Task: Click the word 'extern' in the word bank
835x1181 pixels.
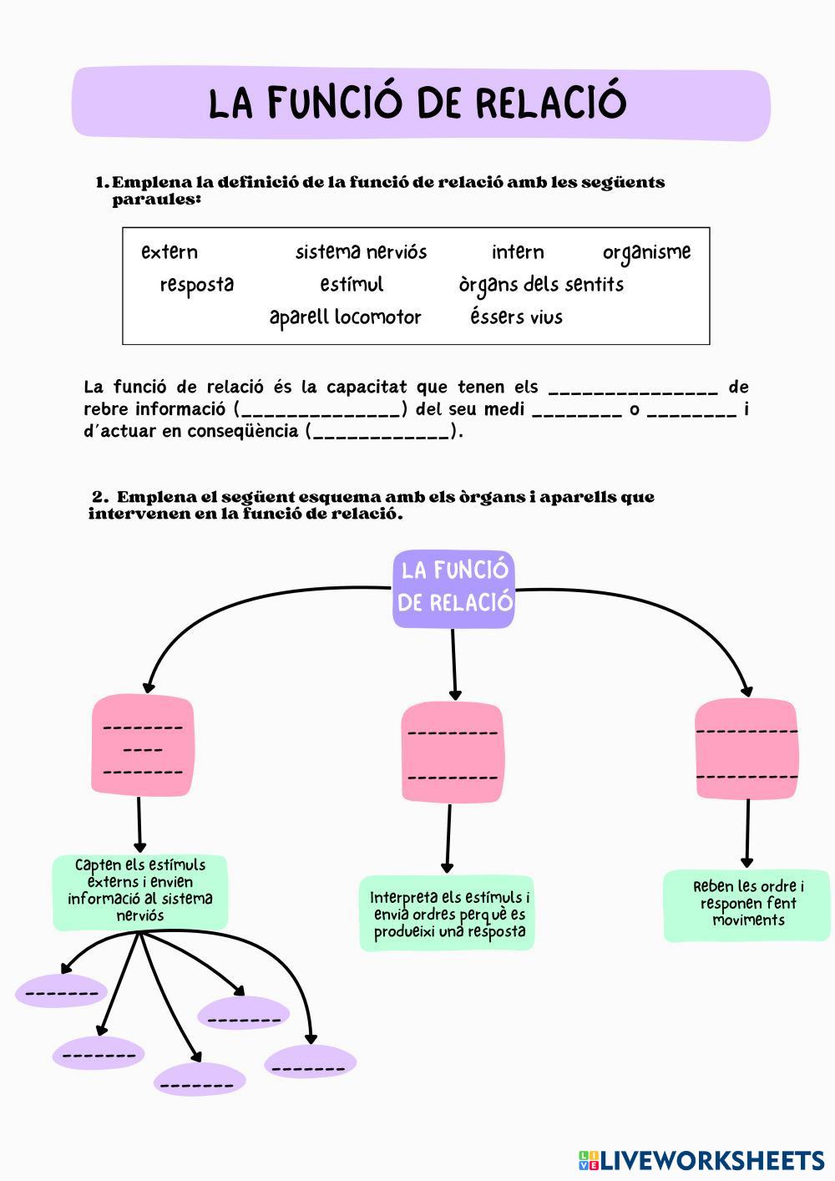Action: (x=170, y=251)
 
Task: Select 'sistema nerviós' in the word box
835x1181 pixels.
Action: (x=361, y=251)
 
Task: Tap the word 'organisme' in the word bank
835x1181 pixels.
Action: (x=646, y=251)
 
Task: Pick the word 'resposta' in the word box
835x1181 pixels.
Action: (x=197, y=284)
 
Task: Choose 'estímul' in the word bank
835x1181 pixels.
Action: (x=352, y=284)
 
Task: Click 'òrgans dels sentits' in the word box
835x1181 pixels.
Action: (x=541, y=284)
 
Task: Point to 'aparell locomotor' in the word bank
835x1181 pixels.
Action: (x=345, y=317)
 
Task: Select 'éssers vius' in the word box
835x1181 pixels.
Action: (x=516, y=317)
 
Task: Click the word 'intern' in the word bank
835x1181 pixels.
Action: (x=518, y=251)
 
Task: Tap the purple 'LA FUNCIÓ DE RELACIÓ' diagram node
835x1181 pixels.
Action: (x=453, y=588)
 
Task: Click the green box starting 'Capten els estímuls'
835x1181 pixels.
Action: (x=140, y=890)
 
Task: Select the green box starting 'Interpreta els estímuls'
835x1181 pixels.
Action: (x=448, y=914)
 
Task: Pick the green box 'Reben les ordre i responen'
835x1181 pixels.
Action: (x=747, y=904)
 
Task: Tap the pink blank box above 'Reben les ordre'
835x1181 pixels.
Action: (x=746, y=750)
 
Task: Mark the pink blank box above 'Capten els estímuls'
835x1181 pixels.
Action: (x=142, y=745)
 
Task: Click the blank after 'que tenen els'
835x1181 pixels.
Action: (x=633, y=388)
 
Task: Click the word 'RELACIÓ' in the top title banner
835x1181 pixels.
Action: (x=551, y=103)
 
